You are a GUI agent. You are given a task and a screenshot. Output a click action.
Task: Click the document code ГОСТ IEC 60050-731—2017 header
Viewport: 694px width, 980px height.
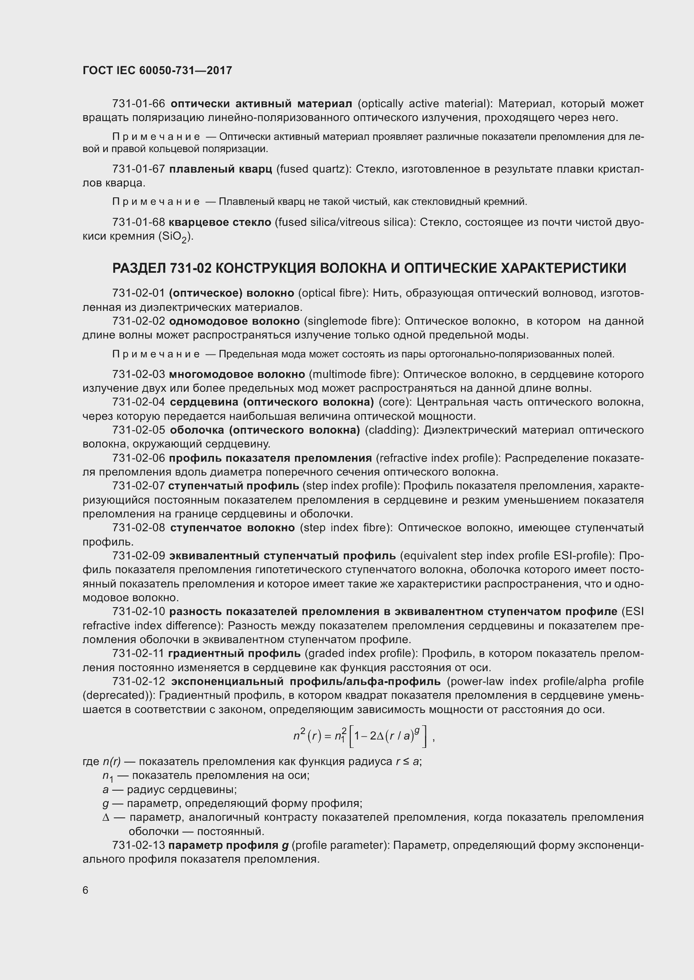[157, 70]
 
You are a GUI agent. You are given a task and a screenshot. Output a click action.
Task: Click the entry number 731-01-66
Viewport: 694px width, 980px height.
[138, 104]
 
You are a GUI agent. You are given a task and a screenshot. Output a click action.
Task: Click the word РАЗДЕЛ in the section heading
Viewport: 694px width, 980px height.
[139, 268]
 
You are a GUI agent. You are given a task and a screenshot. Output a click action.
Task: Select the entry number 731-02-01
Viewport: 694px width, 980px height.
[138, 293]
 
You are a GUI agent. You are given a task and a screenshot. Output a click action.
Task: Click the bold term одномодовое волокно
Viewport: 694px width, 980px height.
[234, 321]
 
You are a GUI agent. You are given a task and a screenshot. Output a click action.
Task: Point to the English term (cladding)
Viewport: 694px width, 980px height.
[392, 430]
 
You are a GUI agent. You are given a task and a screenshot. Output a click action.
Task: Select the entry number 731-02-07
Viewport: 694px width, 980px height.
[138, 486]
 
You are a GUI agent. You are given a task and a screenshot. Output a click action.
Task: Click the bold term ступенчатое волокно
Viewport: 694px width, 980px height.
[232, 527]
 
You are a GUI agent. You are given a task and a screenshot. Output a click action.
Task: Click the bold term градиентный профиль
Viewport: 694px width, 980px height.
[234, 654]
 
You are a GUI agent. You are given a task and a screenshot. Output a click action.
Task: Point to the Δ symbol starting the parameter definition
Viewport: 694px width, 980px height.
[106, 817]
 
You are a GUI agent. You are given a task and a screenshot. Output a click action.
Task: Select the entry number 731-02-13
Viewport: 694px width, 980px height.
[138, 845]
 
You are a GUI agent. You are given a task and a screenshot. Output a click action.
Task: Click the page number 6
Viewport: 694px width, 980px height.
[86, 890]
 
